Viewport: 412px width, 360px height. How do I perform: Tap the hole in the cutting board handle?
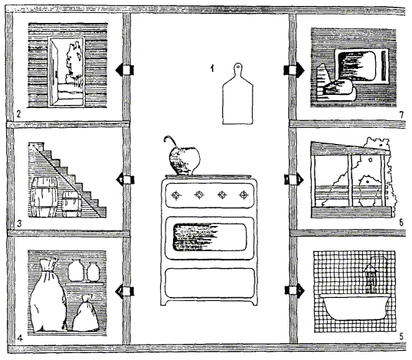238,66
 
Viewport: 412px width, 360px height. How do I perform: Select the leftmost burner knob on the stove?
176,195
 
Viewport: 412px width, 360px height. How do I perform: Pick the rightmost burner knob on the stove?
244,195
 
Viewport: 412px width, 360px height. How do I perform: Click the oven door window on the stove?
210,237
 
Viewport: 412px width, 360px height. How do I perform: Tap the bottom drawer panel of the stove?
210,283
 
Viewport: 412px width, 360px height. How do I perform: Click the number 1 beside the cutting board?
212,69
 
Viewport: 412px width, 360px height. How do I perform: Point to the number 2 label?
18,114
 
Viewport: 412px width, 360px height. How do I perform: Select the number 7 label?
401,115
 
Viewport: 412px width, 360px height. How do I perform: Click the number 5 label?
401,336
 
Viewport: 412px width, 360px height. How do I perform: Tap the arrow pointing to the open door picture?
125,70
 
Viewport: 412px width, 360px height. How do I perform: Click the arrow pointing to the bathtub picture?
295,290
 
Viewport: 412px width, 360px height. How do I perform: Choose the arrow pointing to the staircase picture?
125,180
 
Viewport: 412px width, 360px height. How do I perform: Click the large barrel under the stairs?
44,197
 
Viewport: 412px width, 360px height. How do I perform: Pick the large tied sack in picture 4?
48,296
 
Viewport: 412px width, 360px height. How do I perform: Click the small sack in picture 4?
86,314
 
